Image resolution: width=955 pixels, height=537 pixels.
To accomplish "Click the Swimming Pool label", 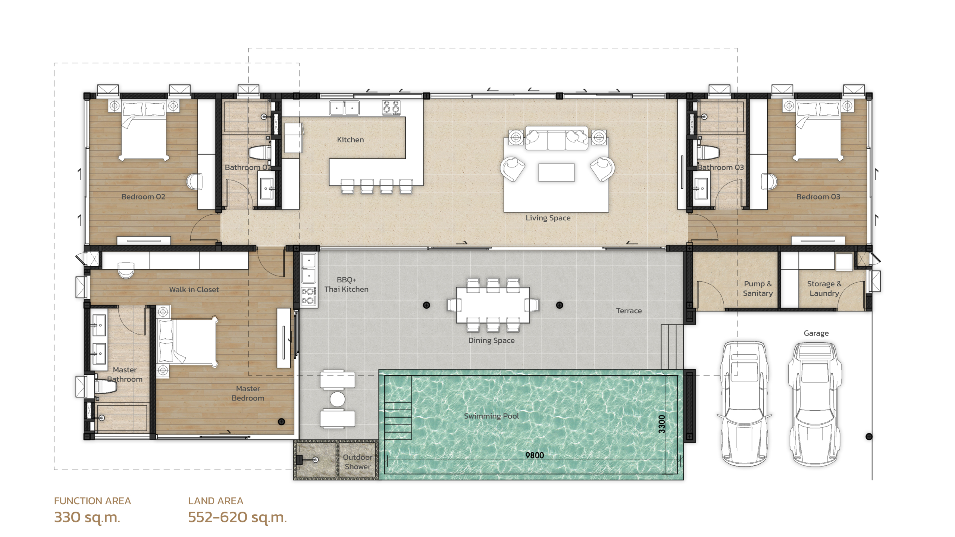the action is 491,416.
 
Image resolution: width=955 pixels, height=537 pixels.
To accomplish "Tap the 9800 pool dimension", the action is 535,455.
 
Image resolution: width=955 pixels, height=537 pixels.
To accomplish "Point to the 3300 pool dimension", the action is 662,424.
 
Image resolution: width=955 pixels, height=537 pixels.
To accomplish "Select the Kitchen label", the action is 350,139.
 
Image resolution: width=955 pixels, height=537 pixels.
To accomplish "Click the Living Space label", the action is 548,218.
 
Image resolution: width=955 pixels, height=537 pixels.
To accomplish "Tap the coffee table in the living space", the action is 556,172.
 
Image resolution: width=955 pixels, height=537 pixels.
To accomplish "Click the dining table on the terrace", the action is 493,305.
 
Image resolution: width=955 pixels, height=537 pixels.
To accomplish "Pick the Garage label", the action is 816,333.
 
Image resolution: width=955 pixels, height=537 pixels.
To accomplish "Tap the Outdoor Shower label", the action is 357,462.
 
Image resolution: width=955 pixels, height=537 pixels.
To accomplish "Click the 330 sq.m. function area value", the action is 87,517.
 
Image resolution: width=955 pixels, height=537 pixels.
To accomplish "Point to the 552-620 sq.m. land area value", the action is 237,517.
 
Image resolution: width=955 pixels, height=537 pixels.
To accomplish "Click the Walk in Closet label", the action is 194,289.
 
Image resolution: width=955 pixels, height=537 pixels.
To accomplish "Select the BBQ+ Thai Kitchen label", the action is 346,284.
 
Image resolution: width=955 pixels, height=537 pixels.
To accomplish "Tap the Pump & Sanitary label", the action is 758,288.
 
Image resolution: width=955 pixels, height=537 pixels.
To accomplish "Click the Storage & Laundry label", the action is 824,288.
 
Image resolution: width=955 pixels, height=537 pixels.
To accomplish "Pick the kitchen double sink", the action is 344,108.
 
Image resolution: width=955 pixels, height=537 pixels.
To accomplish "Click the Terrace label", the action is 629,311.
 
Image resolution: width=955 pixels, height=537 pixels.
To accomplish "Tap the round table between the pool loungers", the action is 337,399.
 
